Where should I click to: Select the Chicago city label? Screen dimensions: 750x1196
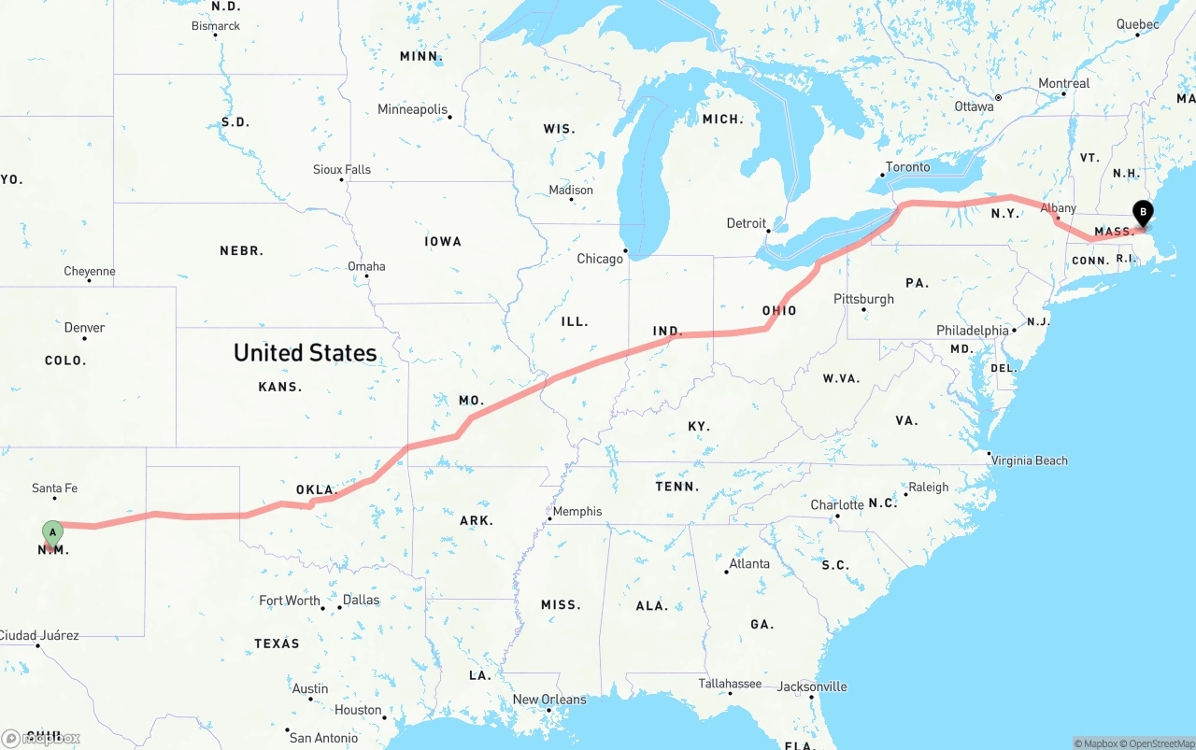pos(599,259)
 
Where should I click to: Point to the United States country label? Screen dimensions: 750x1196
pos(306,353)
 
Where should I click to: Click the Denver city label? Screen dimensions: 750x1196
pos(84,328)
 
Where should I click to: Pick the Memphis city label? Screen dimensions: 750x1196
pos(577,512)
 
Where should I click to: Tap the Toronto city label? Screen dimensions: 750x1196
pos(907,167)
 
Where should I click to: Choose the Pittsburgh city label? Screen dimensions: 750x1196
pos(863,299)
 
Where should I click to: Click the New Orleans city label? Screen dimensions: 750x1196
pos(549,700)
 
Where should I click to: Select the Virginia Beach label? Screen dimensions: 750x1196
pos(1029,460)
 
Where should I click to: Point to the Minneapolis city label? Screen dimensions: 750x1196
pos(412,109)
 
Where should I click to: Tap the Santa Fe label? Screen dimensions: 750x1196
pos(54,488)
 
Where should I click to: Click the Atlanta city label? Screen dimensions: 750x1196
pos(749,564)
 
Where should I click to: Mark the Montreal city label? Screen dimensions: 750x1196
pos(1063,83)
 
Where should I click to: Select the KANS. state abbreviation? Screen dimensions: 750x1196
pos(279,387)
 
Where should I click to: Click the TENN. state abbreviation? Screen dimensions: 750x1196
pos(677,487)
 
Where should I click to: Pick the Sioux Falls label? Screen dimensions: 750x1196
pos(342,170)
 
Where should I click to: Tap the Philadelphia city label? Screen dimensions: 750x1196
pos(972,331)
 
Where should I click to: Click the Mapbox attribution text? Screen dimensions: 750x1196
pos(1099,743)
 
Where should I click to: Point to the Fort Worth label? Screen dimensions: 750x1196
pos(290,601)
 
